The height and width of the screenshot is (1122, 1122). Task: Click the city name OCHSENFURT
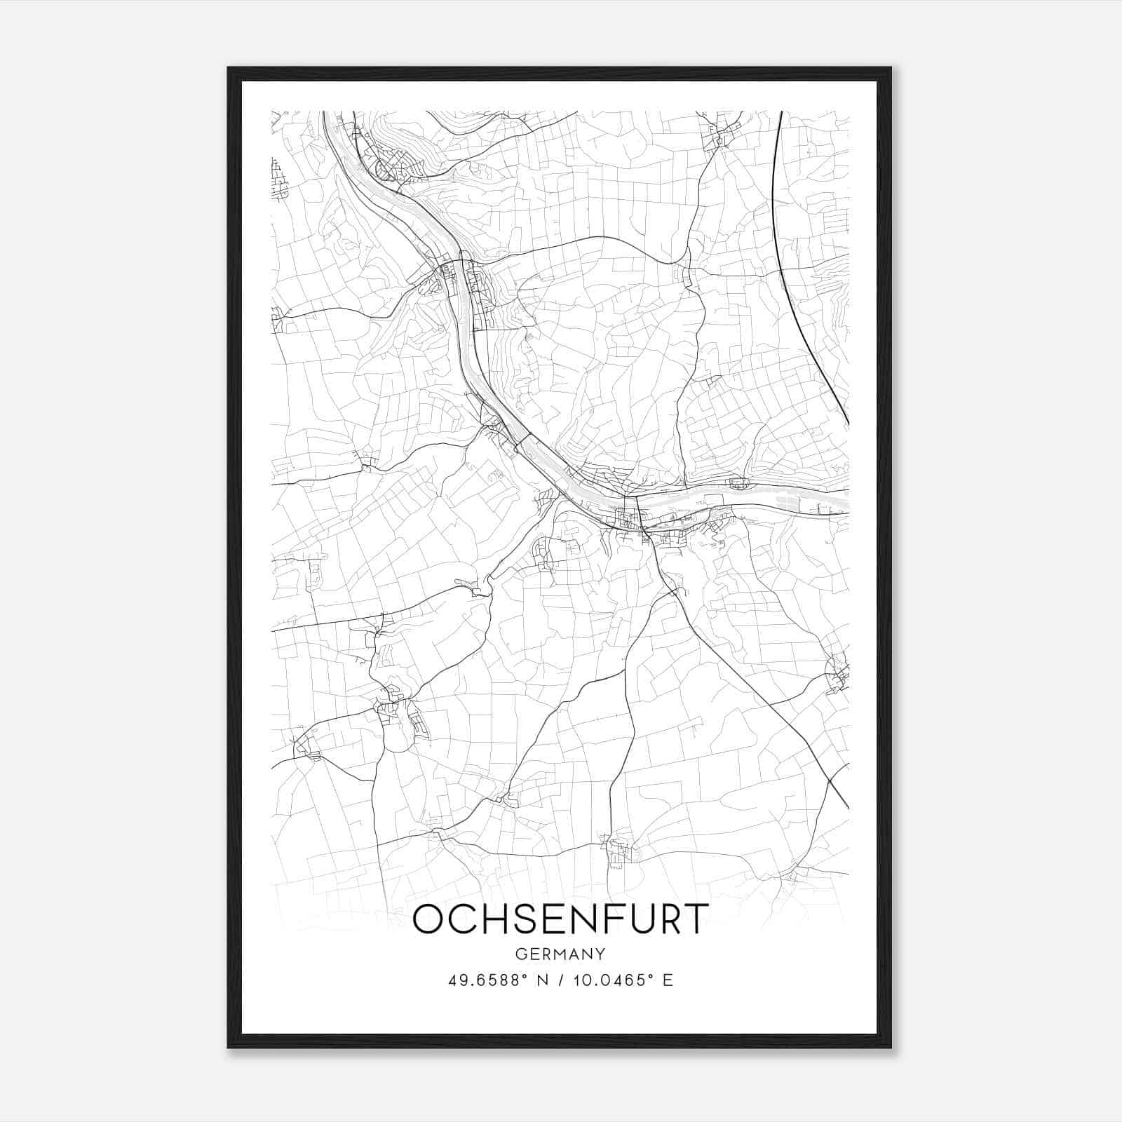tap(560, 919)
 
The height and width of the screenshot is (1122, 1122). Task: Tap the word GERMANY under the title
tap(560, 954)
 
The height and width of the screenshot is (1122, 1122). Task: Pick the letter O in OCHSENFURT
tap(429, 919)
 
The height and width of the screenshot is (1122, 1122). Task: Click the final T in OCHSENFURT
tap(694, 919)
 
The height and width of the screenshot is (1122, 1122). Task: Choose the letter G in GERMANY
tap(521, 954)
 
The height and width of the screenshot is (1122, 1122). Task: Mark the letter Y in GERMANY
tap(601, 954)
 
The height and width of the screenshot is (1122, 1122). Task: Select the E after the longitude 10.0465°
tap(668, 980)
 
